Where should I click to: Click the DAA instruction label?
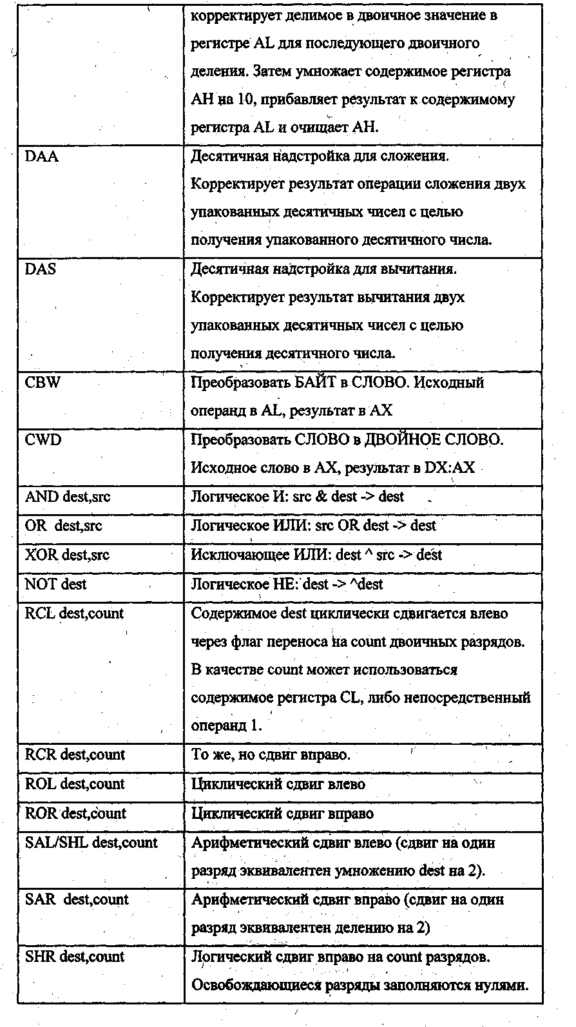click(x=41, y=157)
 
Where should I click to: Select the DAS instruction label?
click(x=41, y=269)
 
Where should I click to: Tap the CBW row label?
click(x=43, y=383)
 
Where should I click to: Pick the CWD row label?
click(x=43, y=439)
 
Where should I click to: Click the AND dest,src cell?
click(x=68, y=497)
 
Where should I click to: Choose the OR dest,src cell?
click(x=64, y=526)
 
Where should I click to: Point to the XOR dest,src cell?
click(x=68, y=555)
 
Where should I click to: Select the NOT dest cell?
click(x=56, y=584)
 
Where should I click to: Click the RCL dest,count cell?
click(x=74, y=613)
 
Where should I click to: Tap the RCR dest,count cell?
click(x=75, y=754)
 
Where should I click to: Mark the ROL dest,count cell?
click(x=75, y=784)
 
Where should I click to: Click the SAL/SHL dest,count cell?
click(x=91, y=843)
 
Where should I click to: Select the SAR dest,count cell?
click(x=77, y=899)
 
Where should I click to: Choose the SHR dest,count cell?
click(x=75, y=957)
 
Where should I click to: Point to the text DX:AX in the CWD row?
click(x=449, y=468)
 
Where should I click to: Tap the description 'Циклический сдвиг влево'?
click(x=278, y=784)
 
